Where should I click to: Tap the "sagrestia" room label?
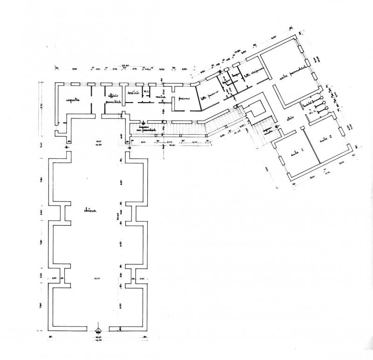[73, 99]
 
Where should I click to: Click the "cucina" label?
[161, 97]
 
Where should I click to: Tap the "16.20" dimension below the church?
[98, 341]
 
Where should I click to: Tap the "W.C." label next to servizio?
[146, 91]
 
